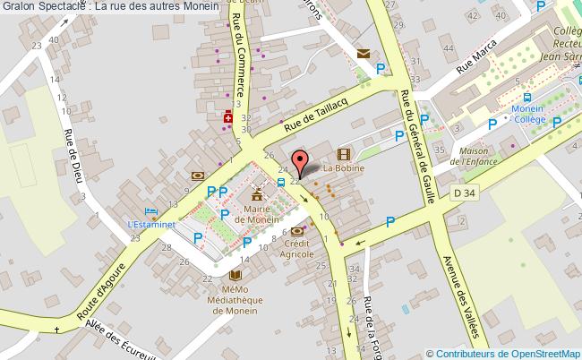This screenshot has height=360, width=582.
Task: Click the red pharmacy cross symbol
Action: pyautogui.click(x=228, y=117)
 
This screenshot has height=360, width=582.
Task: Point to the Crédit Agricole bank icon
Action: pyautogui.click(x=297, y=231)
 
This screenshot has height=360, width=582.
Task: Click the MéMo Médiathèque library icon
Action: pyautogui.click(x=236, y=276)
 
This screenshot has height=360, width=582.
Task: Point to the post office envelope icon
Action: pyautogui.click(x=363, y=54)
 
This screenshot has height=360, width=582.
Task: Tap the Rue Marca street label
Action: pyautogui.click(x=476, y=63)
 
